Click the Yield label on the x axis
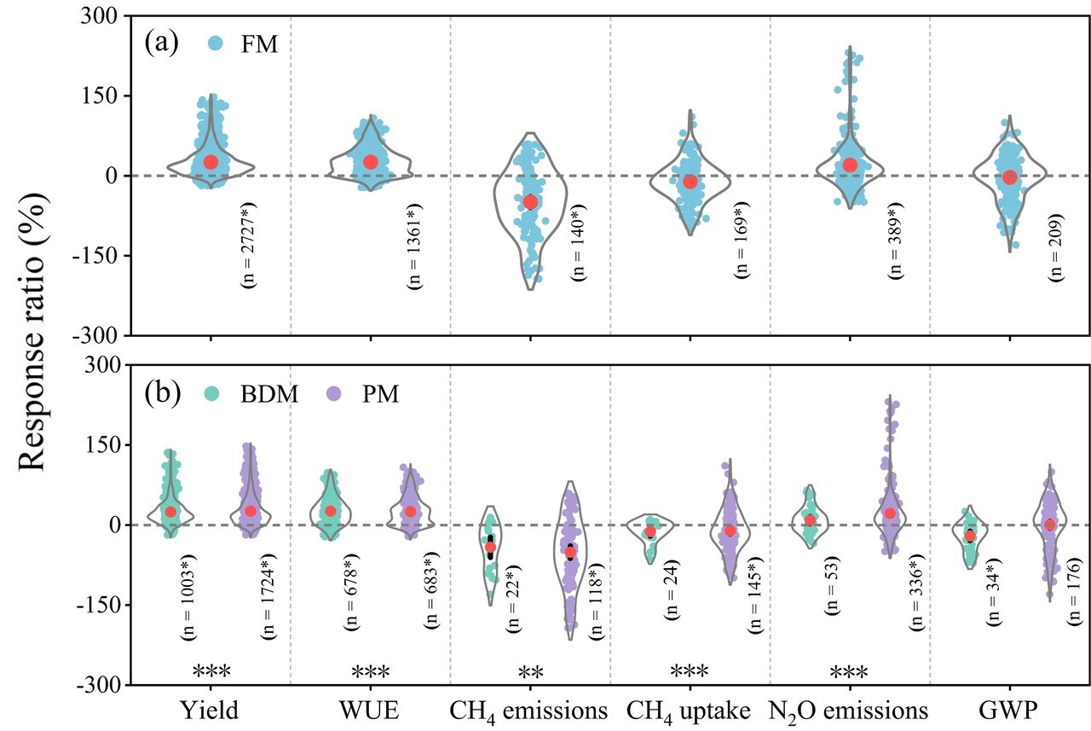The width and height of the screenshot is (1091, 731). [210, 710]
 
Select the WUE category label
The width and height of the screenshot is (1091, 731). [370, 710]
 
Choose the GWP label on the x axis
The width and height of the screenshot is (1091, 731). [1008, 710]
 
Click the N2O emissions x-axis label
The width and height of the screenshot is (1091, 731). [849, 711]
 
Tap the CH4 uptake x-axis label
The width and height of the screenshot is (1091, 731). [689, 711]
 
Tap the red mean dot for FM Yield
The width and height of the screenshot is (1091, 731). [211, 162]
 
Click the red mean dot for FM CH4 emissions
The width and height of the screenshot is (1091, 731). [530, 202]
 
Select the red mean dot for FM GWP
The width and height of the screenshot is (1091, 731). [1010, 177]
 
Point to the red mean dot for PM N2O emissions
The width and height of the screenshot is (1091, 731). [890, 513]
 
